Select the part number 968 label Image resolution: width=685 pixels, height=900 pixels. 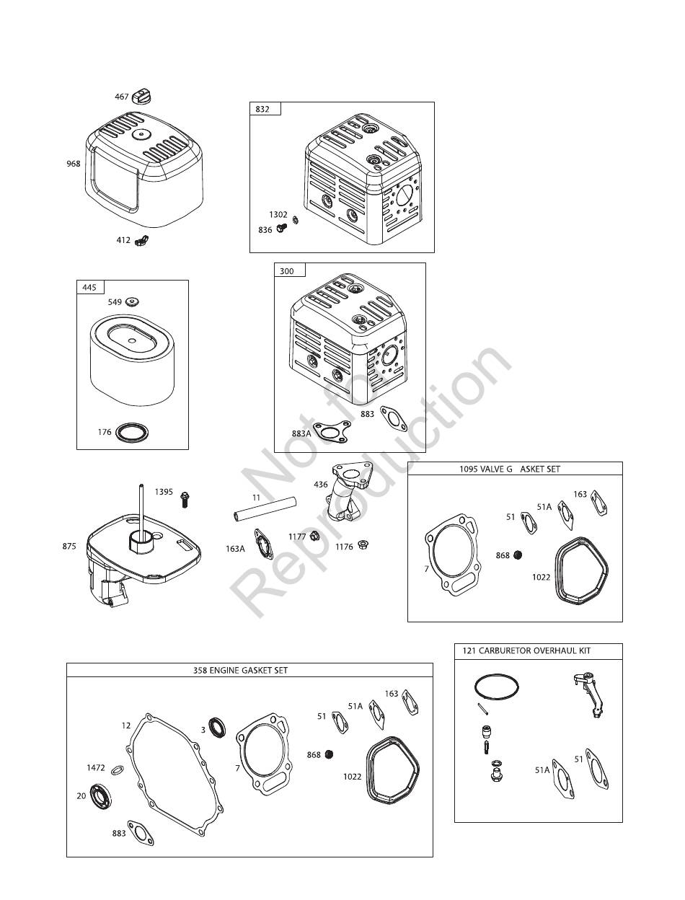74,164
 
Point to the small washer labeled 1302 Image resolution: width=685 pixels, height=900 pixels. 295,221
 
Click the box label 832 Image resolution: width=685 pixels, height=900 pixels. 262,109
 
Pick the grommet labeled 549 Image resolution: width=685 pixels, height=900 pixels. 133,301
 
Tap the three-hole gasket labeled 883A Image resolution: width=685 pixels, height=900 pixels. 332,433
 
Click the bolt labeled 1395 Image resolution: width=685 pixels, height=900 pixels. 185,500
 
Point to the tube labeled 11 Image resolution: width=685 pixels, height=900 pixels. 265,509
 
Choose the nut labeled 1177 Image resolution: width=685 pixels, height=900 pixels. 314,536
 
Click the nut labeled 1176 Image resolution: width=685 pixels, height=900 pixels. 363,544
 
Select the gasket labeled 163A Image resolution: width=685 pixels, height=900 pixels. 264,544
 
